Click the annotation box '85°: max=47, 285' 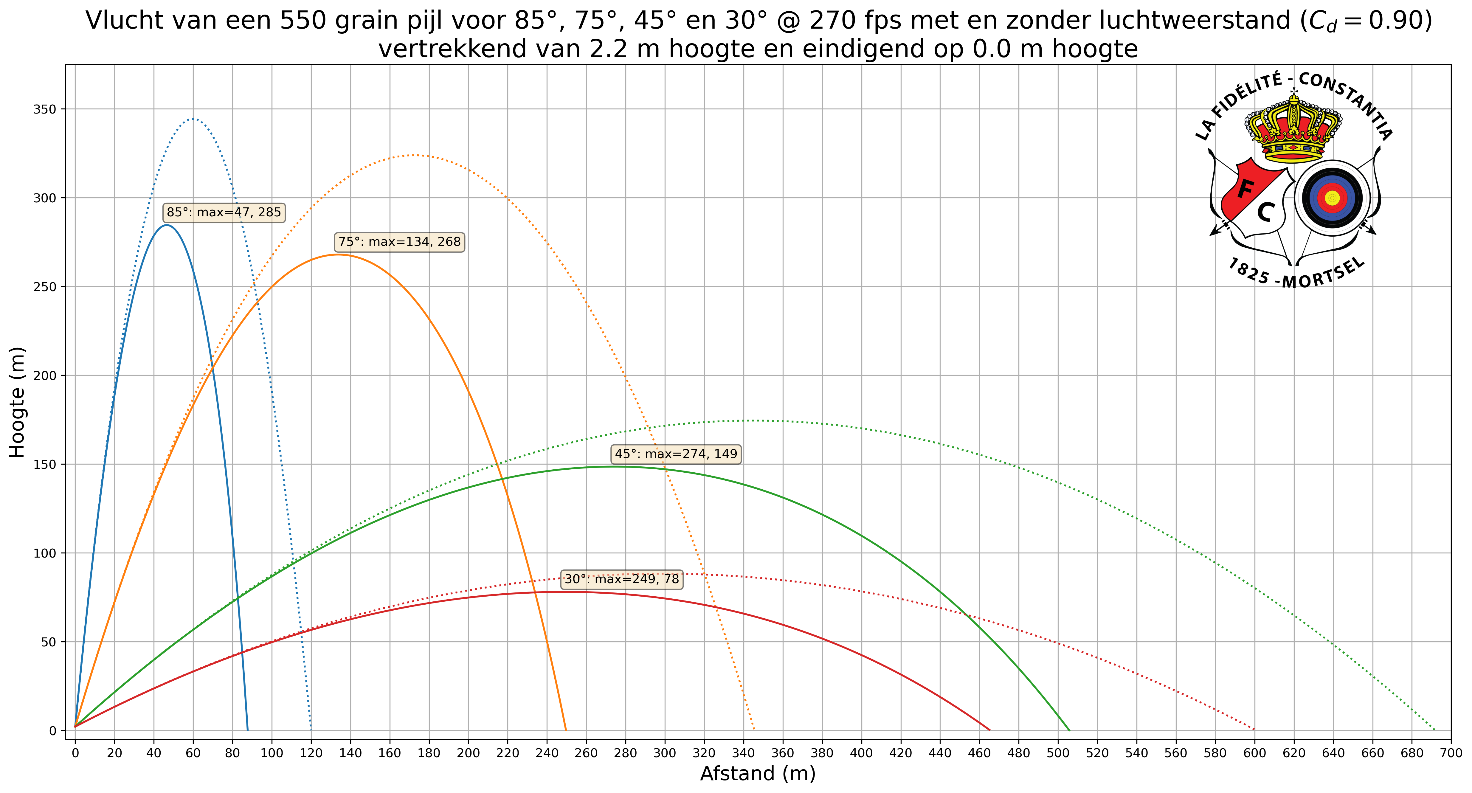tap(224, 212)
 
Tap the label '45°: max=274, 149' tap(676, 454)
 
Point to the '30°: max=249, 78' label tap(622, 579)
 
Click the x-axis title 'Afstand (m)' tap(758, 774)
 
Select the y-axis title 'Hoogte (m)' tap(17, 402)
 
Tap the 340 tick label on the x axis tap(743, 753)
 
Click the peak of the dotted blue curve tap(193, 119)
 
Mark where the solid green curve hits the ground tap(1069, 730)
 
